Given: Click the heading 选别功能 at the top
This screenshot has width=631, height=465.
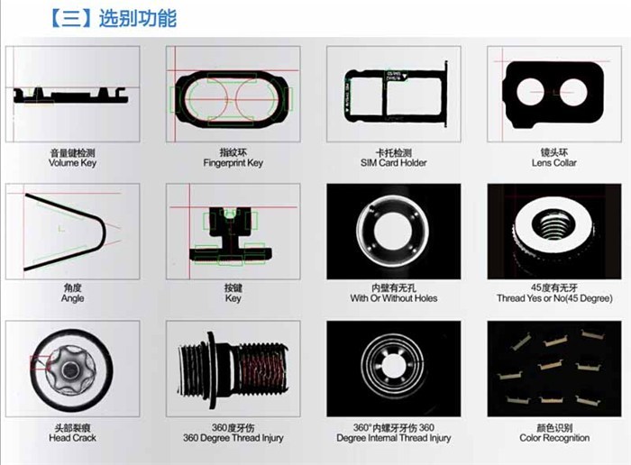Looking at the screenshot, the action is pyautogui.click(x=138, y=19).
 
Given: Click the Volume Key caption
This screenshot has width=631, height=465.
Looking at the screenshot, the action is pyautogui.click(x=72, y=163).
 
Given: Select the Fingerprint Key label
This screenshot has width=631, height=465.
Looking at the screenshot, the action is pyautogui.click(x=233, y=163).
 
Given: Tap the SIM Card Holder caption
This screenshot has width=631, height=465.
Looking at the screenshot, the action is pyautogui.click(x=394, y=163).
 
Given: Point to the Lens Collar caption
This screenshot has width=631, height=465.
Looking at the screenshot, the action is pyautogui.click(x=554, y=163).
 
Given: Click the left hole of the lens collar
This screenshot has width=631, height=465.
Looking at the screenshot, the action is pyautogui.click(x=530, y=92).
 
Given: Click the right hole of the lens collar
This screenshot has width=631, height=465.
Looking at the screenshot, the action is pyautogui.click(x=573, y=92).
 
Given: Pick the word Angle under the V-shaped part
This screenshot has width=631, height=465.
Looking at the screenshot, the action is pyautogui.click(x=72, y=298).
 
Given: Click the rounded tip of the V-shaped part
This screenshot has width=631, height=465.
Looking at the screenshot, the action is pyautogui.click(x=103, y=233).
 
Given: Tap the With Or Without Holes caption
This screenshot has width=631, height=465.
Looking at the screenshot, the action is pyautogui.click(x=394, y=298).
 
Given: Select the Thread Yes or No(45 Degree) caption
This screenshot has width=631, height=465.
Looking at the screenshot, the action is pyautogui.click(x=554, y=298).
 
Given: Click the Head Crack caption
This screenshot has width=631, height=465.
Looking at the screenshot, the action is pyautogui.click(x=72, y=438).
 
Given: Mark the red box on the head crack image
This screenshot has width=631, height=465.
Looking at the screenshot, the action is pyautogui.click(x=40, y=363).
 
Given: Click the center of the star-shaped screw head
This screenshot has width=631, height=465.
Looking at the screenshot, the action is pyautogui.click(x=71, y=369).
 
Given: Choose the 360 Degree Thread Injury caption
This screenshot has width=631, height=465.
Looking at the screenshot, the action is pyautogui.click(x=233, y=438).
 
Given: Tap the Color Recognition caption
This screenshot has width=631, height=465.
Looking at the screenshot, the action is pyautogui.click(x=554, y=438).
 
